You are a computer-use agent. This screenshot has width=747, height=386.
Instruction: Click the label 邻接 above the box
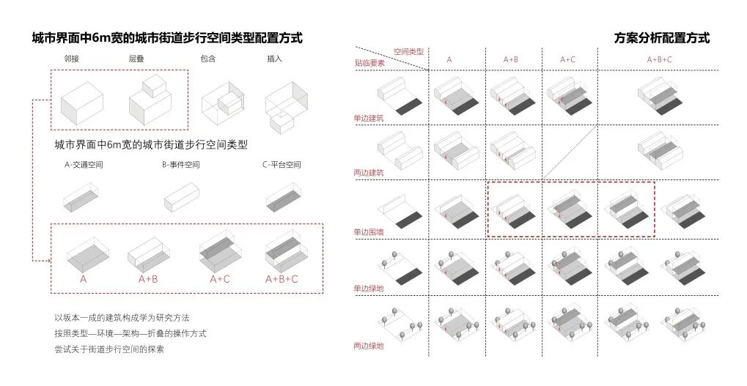(x=71, y=59)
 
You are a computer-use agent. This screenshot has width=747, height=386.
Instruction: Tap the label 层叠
(x=136, y=59)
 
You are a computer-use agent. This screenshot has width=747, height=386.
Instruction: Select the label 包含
(x=208, y=59)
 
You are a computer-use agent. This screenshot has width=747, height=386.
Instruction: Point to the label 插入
(x=274, y=59)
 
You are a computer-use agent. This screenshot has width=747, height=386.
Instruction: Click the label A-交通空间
(x=84, y=165)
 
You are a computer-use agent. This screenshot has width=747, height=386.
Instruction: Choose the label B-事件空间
(x=180, y=165)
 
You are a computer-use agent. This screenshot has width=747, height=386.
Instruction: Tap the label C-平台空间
(x=281, y=165)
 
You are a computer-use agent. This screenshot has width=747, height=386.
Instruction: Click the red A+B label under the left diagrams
(x=148, y=279)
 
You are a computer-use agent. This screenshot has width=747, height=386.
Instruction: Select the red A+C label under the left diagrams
(x=220, y=279)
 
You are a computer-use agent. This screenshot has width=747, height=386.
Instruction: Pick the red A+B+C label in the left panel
(x=281, y=279)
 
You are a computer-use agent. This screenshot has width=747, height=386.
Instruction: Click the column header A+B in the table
(x=511, y=59)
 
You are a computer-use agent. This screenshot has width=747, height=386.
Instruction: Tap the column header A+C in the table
(x=567, y=59)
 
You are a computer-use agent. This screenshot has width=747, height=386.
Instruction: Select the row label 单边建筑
(x=368, y=118)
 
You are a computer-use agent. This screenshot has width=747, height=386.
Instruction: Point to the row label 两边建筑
(x=368, y=173)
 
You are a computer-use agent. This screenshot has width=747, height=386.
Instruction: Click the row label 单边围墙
(x=368, y=232)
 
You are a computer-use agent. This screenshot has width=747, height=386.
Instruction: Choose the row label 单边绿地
(x=368, y=289)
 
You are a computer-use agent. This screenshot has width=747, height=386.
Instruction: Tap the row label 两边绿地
(x=368, y=346)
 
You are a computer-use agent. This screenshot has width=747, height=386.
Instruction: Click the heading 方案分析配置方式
(x=662, y=37)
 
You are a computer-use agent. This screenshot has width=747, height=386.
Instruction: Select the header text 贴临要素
(x=369, y=63)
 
